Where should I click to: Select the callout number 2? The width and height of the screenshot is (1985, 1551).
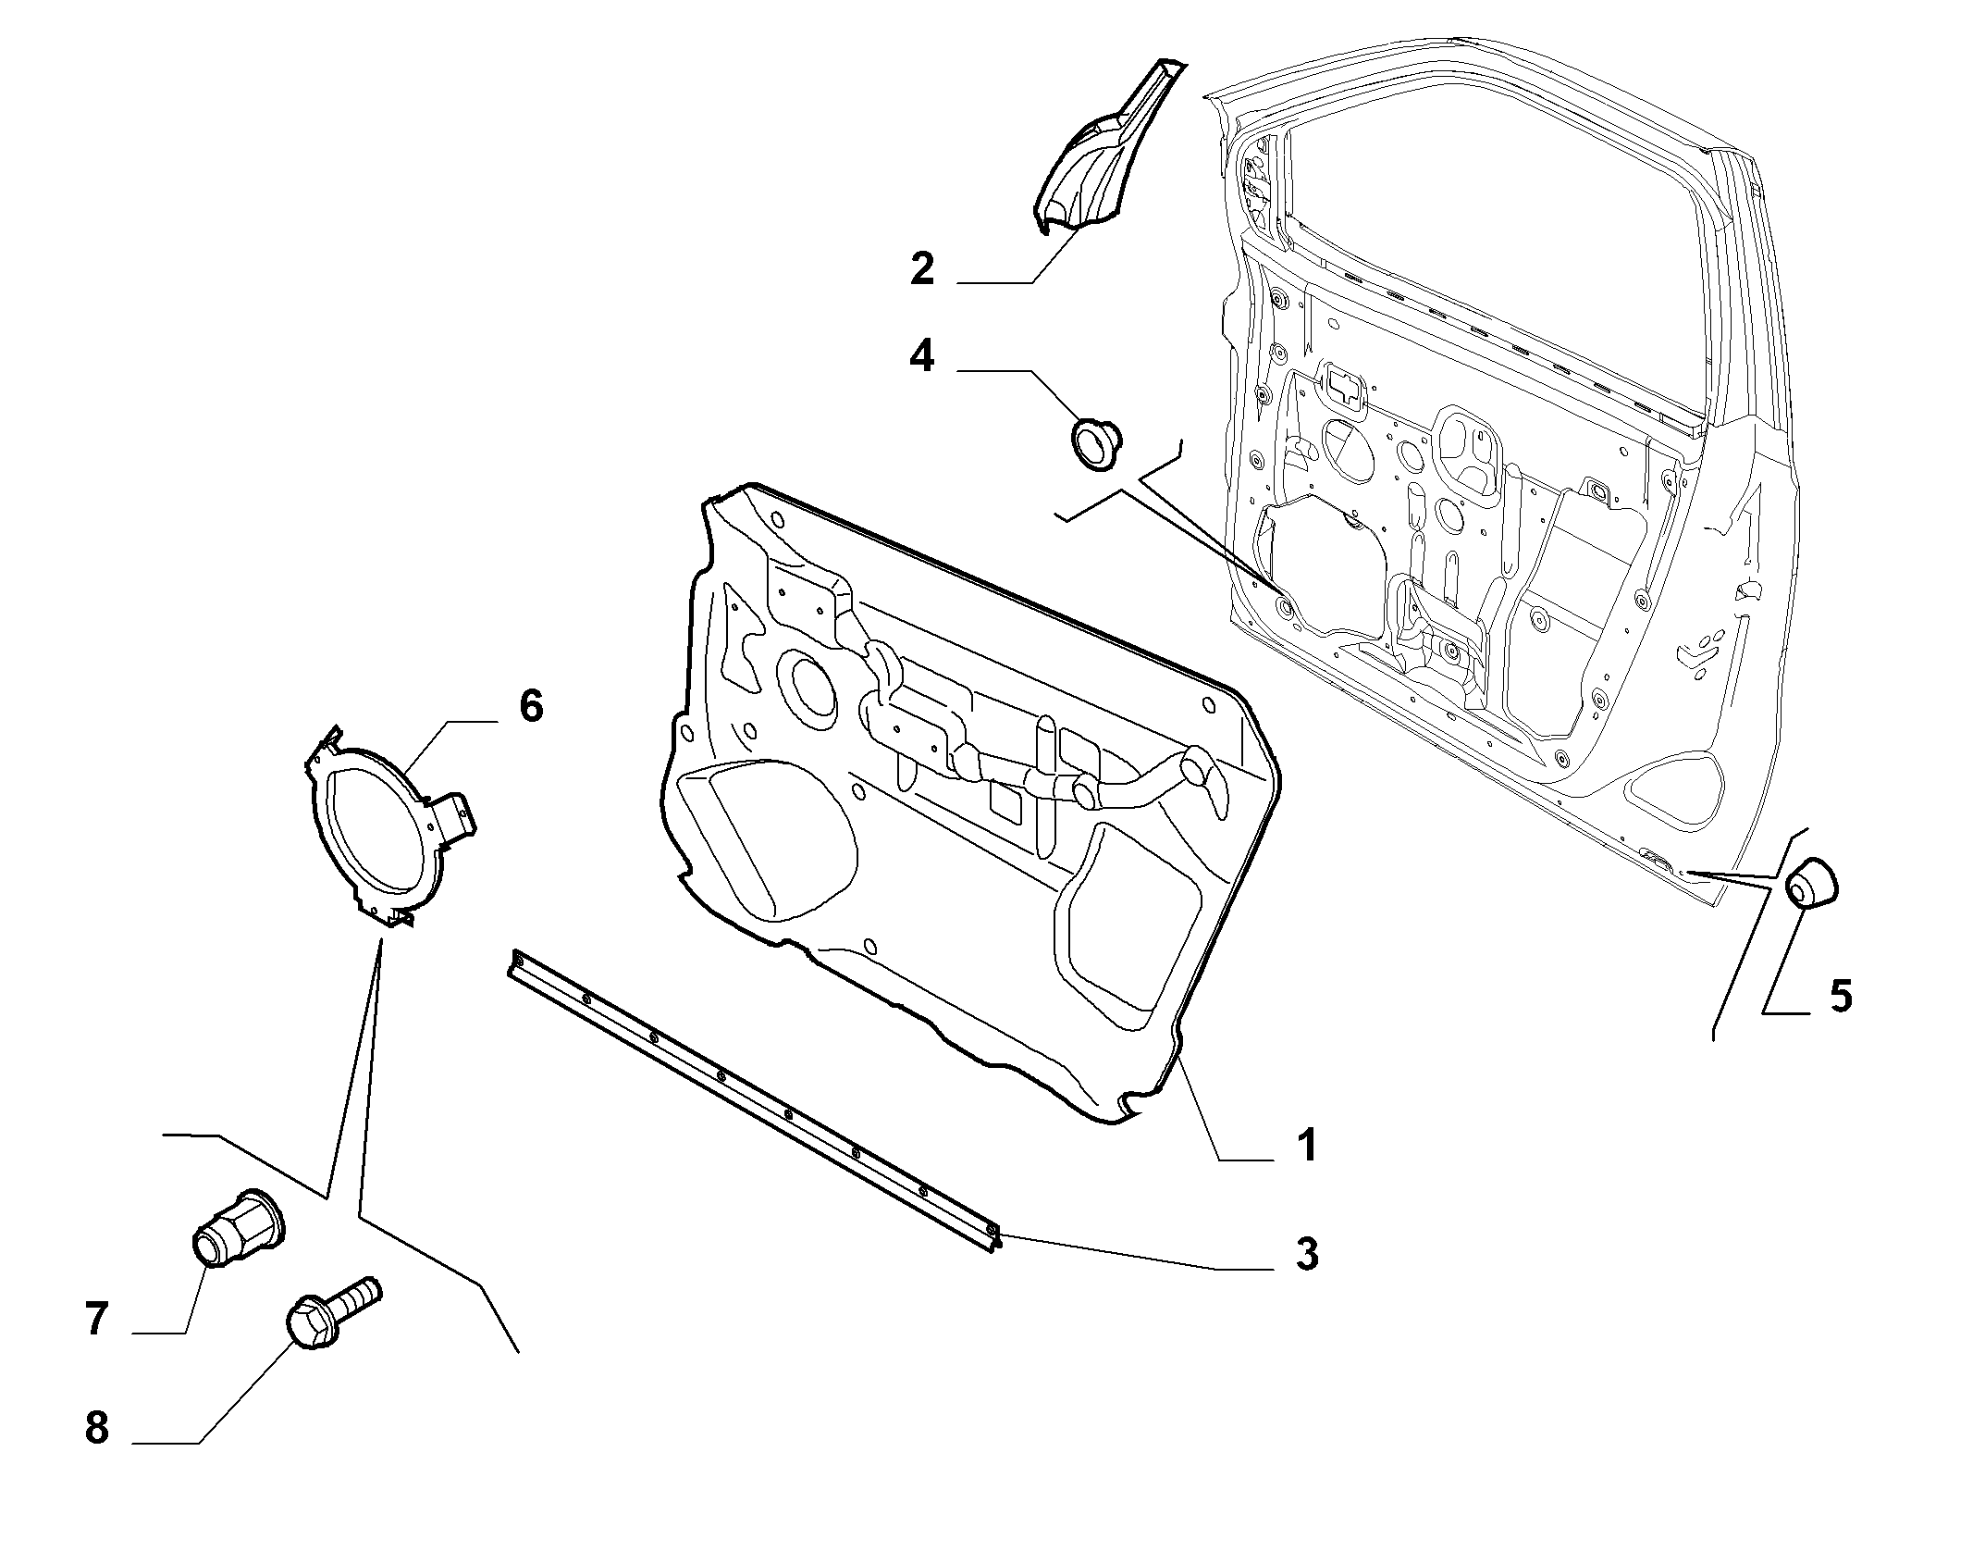(x=922, y=267)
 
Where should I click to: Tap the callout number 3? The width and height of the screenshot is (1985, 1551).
(x=1306, y=1254)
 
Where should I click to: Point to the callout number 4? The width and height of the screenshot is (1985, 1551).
(x=921, y=355)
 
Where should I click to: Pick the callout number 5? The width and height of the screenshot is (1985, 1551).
(x=1841, y=997)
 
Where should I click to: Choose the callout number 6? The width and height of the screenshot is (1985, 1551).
(x=530, y=705)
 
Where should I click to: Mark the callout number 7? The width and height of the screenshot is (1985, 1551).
(x=96, y=1319)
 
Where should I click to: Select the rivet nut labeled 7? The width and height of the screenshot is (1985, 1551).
(x=239, y=1229)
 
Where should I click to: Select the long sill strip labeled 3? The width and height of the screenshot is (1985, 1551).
(x=754, y=1100)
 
